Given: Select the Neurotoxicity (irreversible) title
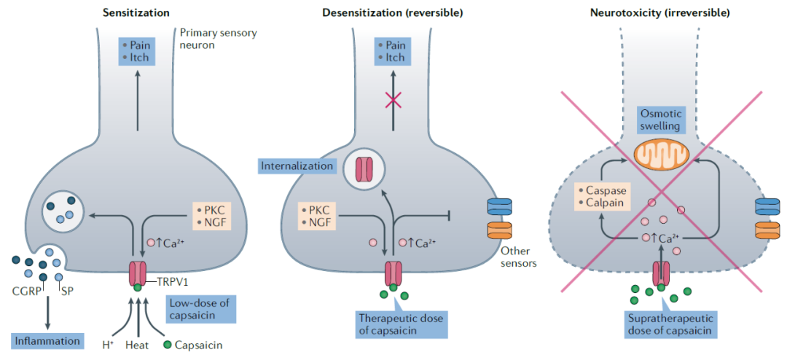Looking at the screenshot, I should click(x=659, y=12).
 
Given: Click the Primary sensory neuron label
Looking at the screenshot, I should click(x=218, y=39).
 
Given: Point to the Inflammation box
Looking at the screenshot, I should click(x=47, y=340).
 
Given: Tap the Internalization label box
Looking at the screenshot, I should click(x=297, y=166).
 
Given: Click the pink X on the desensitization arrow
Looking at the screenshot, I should click(x=393, y=100).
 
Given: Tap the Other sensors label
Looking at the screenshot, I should click(x=519, y=257).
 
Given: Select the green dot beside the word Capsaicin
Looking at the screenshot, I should click(x=168, y=345).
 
